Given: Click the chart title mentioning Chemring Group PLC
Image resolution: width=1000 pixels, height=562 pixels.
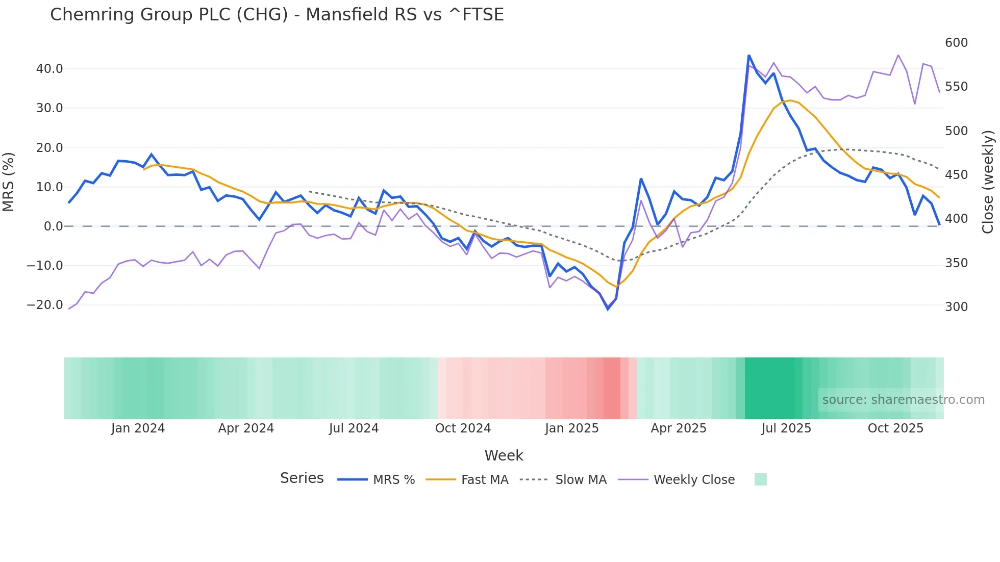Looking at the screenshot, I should click(277, 15).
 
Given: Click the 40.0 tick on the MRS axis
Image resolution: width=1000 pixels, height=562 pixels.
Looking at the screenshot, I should click(49, 69).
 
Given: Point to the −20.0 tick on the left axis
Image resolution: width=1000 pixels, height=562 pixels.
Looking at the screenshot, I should click(45, 305).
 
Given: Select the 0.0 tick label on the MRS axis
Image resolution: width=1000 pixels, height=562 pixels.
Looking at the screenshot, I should click(53, 226).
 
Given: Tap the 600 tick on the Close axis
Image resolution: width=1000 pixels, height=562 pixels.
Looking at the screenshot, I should click(956, 43).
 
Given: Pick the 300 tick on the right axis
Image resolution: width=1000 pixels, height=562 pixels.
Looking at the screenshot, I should click(956, 307).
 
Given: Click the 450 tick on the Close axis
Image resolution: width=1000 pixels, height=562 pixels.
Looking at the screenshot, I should click(956, 175).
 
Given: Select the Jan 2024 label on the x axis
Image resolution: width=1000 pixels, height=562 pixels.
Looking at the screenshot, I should click(138, 428).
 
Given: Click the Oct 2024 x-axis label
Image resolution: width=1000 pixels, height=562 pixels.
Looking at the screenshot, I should click(463, 428).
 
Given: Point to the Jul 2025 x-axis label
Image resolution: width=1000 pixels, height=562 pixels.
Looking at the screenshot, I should click(786, 428).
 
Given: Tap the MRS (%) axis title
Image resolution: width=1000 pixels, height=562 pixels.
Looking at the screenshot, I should click(9, 182).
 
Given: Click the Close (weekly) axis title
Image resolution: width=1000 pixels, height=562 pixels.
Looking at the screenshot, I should click(988, 182).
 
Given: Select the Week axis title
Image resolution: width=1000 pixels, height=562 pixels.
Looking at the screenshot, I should click(504, 455).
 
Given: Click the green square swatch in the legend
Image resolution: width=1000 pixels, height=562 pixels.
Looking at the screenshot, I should click(760, 479).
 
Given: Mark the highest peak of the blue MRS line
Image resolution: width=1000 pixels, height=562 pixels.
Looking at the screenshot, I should click(749, 55).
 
